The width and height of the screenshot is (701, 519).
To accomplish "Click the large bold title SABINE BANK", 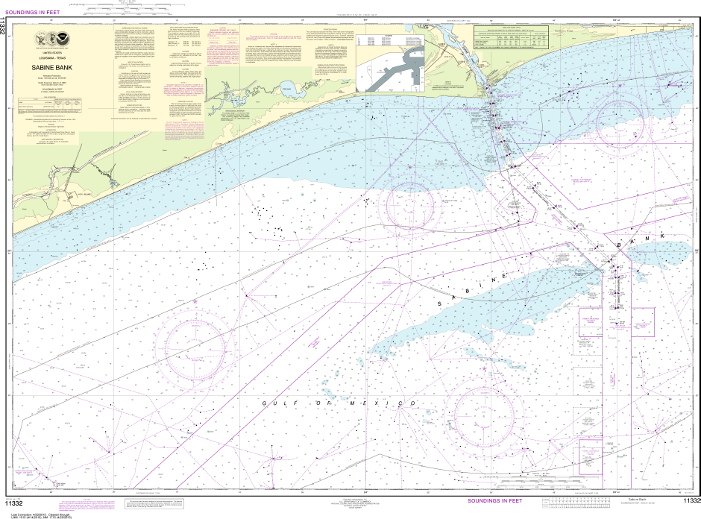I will (53, 66).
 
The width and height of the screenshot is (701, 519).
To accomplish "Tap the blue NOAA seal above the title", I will (63, 39).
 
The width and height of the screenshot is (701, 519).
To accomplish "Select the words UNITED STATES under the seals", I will (52, 54).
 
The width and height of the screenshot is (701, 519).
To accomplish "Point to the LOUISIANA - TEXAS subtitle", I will (52, 58).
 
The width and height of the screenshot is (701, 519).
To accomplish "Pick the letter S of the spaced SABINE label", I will (440, 306).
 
